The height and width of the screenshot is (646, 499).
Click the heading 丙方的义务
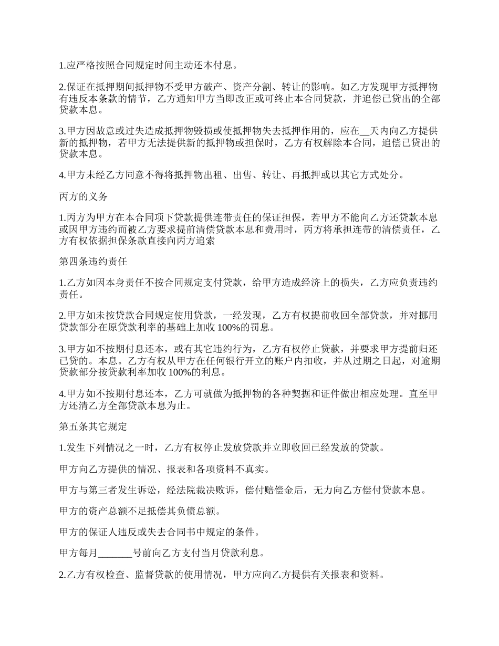tap(84, 196)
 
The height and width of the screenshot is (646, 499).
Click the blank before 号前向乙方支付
tap(115, 553)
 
